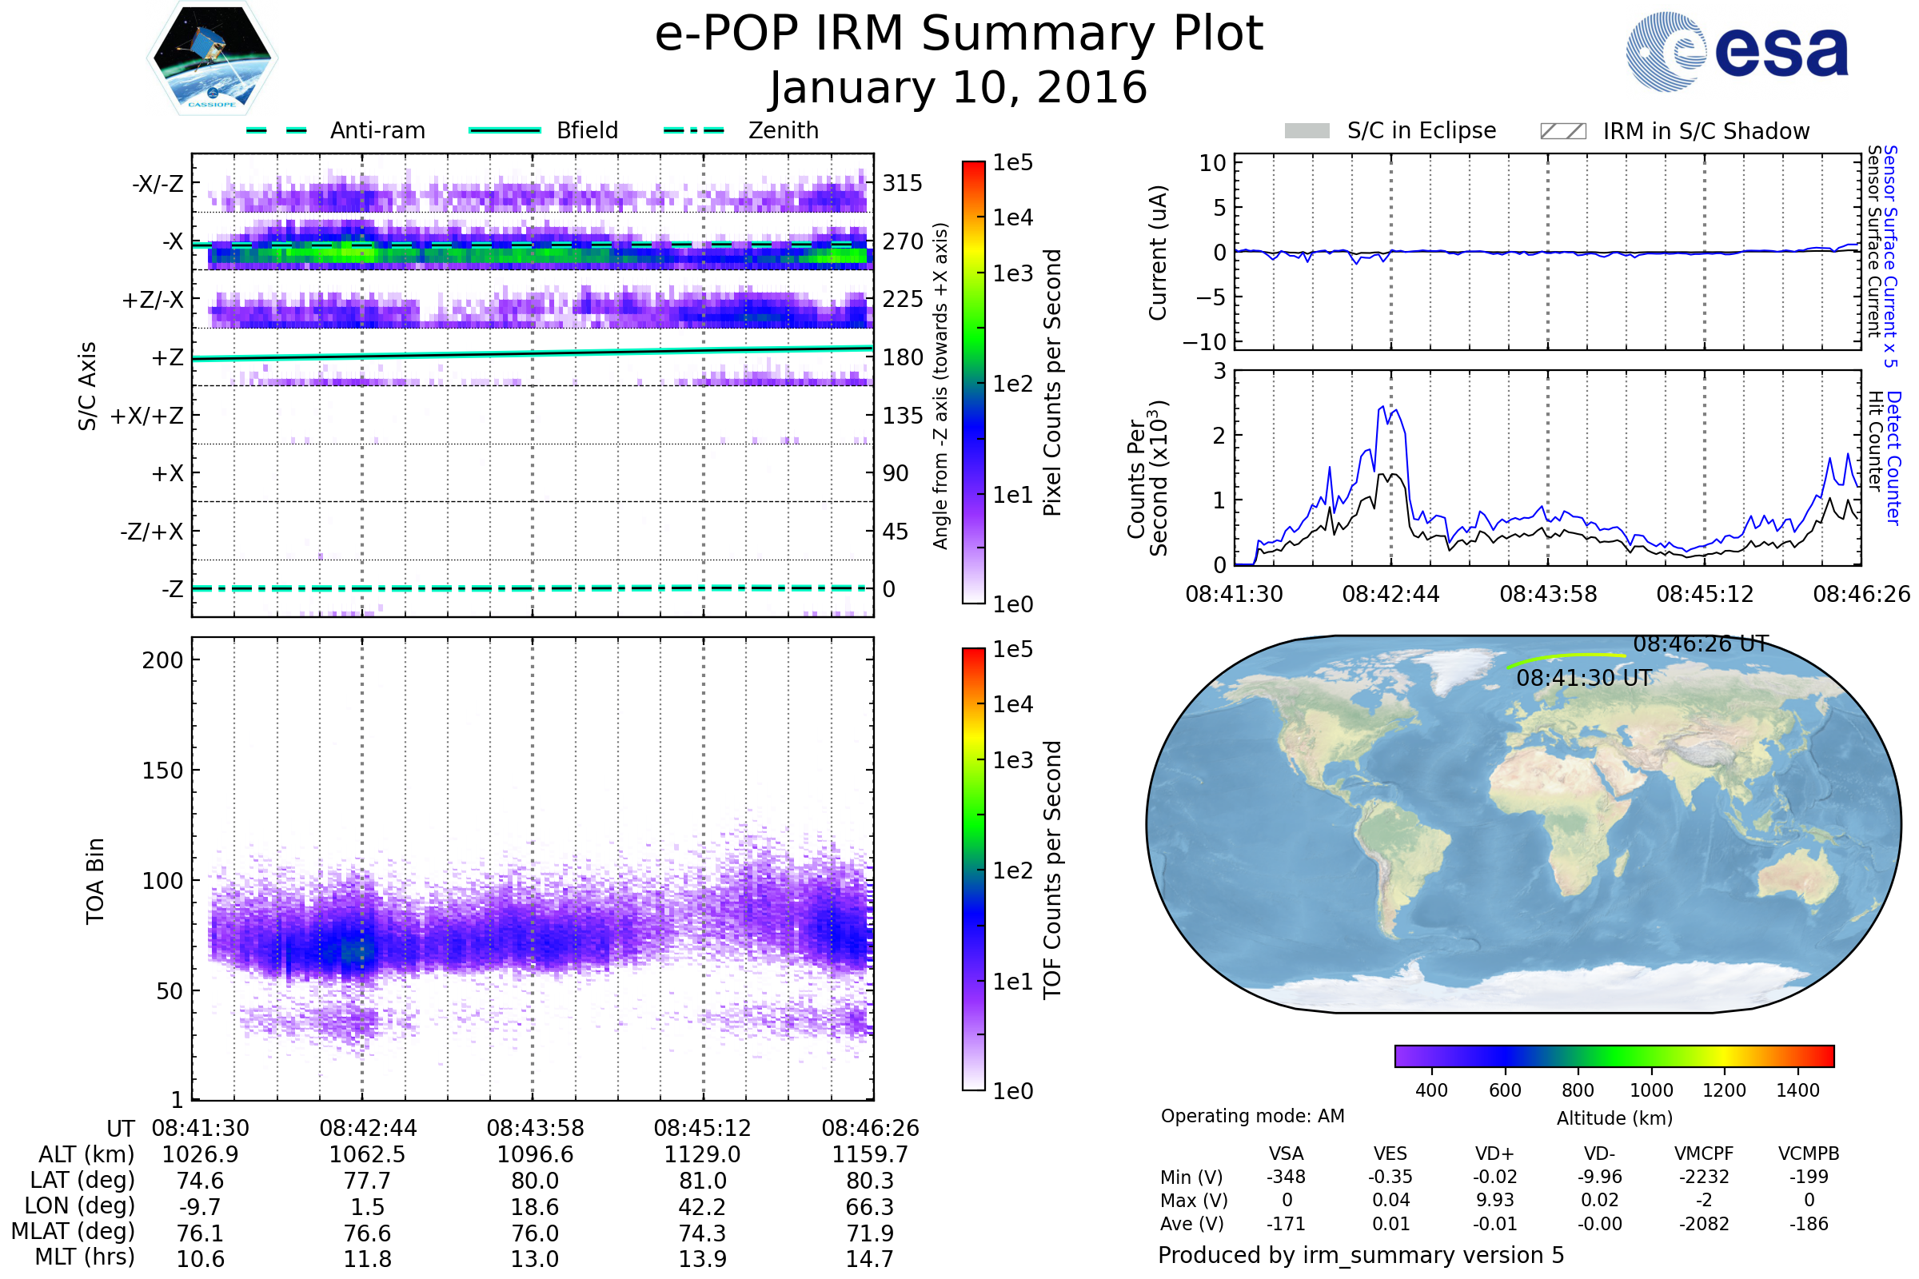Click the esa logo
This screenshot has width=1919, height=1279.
point(1737,51)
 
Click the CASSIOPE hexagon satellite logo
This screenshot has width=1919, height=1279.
point(212,58)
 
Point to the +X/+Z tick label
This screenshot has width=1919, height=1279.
point(147,416)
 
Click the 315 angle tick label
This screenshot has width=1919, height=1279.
point(903,183)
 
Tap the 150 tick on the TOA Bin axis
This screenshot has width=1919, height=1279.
point(162,771)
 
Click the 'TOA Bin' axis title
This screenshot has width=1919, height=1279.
point(95,881)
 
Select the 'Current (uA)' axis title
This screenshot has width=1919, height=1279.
point(1158,253)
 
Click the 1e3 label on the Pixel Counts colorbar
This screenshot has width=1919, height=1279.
point(1012,273)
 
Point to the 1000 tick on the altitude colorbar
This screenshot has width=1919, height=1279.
point(1651,1090)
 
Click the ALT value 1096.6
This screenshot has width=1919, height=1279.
point(535,1155)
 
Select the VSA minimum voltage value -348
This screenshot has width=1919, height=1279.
point(1286,1177)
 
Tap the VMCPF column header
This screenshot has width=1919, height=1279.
point(1704,1153)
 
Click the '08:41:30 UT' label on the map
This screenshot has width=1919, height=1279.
point(1584,679)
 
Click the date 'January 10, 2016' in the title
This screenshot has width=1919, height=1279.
point(959,88)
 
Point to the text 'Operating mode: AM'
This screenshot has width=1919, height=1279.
point(1252,1116)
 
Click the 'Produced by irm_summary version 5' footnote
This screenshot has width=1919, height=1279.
point(1361,1255)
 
